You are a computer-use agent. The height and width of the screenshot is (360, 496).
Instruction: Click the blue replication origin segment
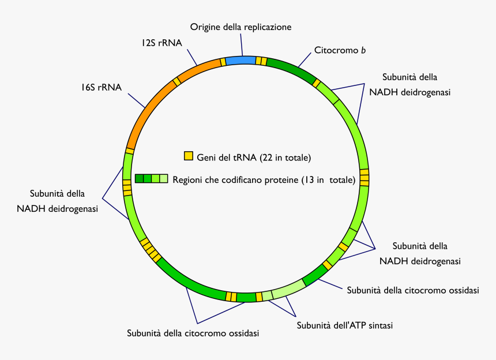pos(240,60)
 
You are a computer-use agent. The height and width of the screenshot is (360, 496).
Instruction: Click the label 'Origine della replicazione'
pos(241,27)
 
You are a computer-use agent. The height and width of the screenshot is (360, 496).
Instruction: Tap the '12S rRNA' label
pos(161,43)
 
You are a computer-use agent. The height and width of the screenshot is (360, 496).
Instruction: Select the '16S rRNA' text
pos(101,88)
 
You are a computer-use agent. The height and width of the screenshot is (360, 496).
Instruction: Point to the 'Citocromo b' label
pos(340,50)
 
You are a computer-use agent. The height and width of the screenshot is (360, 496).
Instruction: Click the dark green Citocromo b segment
pos(291,70)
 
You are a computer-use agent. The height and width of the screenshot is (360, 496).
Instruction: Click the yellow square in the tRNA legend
pos(188,156)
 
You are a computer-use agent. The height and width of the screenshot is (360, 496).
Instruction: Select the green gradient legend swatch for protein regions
pos(151,179)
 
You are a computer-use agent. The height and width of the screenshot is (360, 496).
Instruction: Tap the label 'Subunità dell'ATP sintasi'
pos(344,325)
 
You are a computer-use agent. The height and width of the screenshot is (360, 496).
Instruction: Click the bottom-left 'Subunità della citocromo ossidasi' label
pos(193,333)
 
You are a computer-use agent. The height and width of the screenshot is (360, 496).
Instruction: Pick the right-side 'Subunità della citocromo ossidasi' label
pos(412,290)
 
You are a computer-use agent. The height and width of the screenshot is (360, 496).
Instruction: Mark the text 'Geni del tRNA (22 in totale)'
pos(254,157)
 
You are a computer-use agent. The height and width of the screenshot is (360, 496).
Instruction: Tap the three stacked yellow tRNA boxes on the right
pos(364,177)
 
